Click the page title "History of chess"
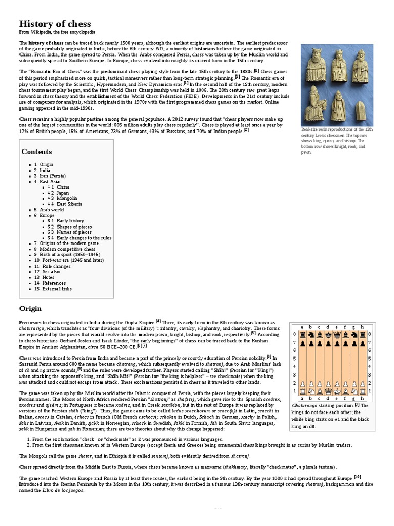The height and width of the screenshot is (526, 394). (55, 24)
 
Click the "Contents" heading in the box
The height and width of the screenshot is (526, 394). (36, 152)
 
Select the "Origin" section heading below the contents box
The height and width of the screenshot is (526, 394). (30, 309)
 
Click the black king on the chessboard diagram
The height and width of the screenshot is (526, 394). (327, 334)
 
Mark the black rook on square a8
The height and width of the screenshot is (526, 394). (302, 334)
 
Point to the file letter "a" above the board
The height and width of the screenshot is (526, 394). (302, 326)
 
